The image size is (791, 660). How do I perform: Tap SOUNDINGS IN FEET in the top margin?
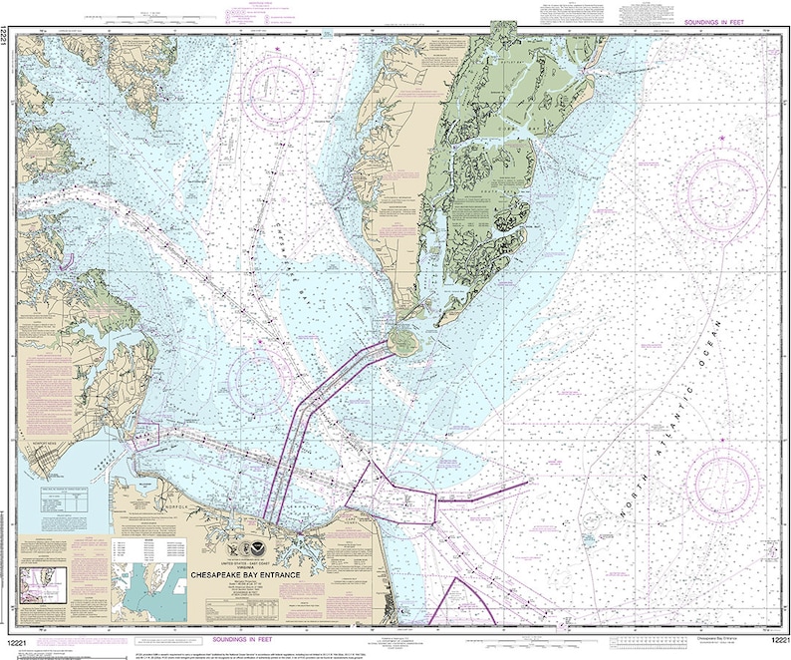pyautogui.click(x=719, y=22)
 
